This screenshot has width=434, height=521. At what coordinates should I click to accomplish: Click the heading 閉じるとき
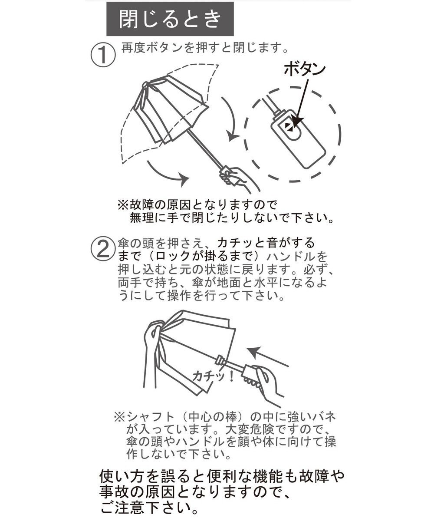point(170,19)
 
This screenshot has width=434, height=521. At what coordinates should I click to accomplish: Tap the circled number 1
point(103,54)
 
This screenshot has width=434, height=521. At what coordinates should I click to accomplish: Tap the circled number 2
point(103,249)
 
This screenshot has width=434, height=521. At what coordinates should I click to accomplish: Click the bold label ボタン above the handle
point(305,69)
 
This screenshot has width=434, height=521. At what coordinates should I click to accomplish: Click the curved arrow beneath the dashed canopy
point(168,174)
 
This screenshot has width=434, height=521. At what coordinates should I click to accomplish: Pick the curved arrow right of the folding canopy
point(233,120)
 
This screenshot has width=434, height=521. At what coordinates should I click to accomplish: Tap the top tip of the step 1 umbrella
point(145,84)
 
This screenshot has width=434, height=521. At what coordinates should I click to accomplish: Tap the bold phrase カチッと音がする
point(266,243)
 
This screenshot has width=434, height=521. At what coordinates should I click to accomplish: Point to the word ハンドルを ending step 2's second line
point(297,256)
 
